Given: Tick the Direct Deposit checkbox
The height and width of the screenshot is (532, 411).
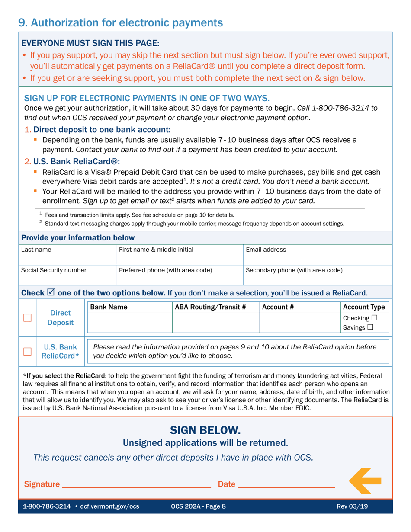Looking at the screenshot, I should pos(28,317).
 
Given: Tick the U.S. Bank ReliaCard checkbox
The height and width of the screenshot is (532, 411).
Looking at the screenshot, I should pos(28,351).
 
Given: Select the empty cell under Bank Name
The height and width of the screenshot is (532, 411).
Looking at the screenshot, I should pos(129,322).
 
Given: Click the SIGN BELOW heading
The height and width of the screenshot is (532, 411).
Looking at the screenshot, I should pos(205,430).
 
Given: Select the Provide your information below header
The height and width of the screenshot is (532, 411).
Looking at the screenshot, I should pos(78,238).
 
